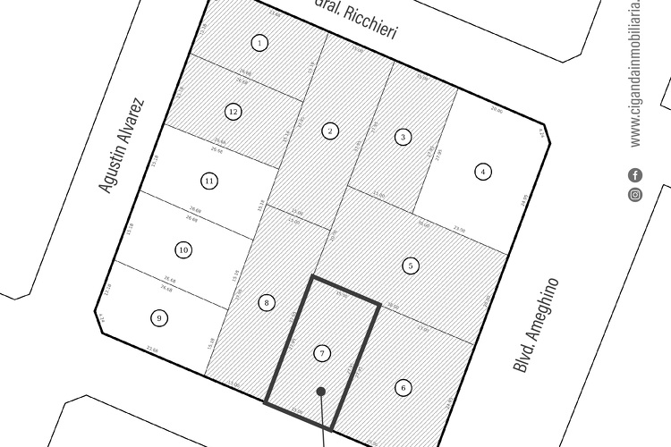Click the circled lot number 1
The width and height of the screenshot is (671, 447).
click(259, 43)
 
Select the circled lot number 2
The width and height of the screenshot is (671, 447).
click(330, 131)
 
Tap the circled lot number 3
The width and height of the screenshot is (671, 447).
click(403, 137)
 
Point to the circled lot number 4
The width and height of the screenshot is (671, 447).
click(483, 172)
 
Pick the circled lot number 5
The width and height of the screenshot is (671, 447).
click(411, 266)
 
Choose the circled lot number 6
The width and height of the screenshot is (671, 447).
click(403, 388)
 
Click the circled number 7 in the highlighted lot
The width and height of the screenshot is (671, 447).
click(322, 354)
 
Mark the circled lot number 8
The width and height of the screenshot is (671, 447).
click(267, 303)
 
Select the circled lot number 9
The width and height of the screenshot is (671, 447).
click(159, 317)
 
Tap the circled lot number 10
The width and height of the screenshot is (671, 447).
click(183, 250)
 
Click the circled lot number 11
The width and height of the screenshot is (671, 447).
click(209, 181)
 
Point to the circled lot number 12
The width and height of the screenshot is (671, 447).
click(234, 112)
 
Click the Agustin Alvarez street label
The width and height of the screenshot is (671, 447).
click(121, 146)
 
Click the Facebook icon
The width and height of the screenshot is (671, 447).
click(635, 175)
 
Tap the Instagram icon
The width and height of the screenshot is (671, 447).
click(635, 194)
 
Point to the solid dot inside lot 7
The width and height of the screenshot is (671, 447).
click(321, 391)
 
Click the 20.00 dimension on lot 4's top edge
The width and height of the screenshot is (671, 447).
click(497, 109)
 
